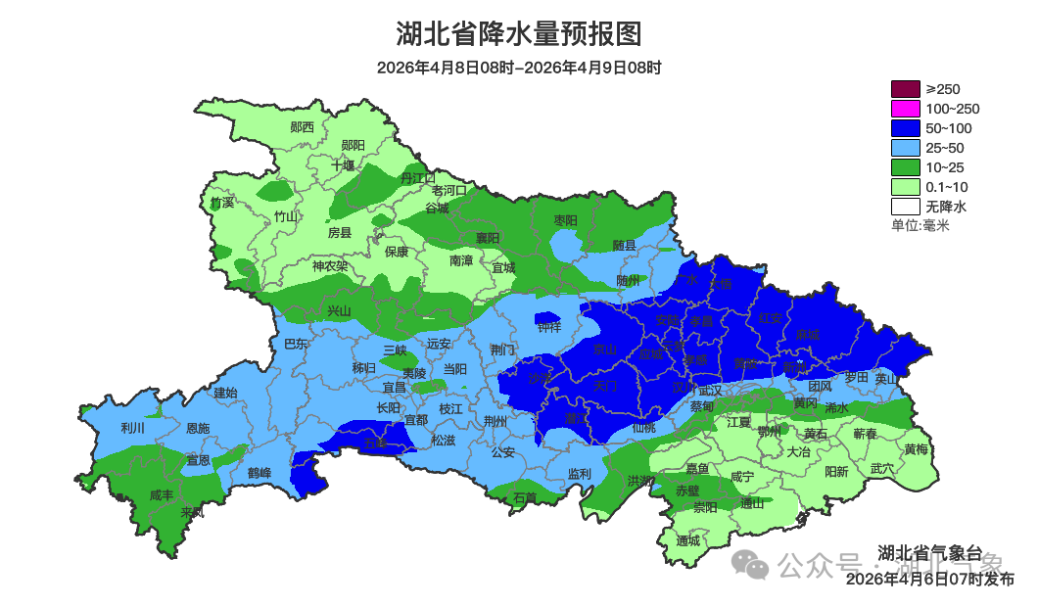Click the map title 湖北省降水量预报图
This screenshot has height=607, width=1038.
pos(518,34)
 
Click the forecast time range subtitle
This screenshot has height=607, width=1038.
pos(518,68)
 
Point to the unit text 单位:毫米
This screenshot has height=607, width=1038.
pos(920,225)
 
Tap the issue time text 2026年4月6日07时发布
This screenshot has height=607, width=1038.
pos(929,579)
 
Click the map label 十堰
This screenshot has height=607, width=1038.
pos(343,165)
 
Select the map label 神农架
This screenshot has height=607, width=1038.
pos(330,265)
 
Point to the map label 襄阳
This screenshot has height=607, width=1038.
pos(488,238)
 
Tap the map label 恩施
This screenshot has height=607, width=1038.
pos(197,428)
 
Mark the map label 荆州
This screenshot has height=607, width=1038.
pos(495,421)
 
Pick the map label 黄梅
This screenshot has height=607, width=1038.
pos(917,449)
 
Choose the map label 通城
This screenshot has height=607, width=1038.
pos(688,540)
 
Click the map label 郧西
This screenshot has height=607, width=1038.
pos(303,127)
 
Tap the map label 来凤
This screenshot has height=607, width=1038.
pos(192,512)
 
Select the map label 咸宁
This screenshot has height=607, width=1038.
pos(742,477)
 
